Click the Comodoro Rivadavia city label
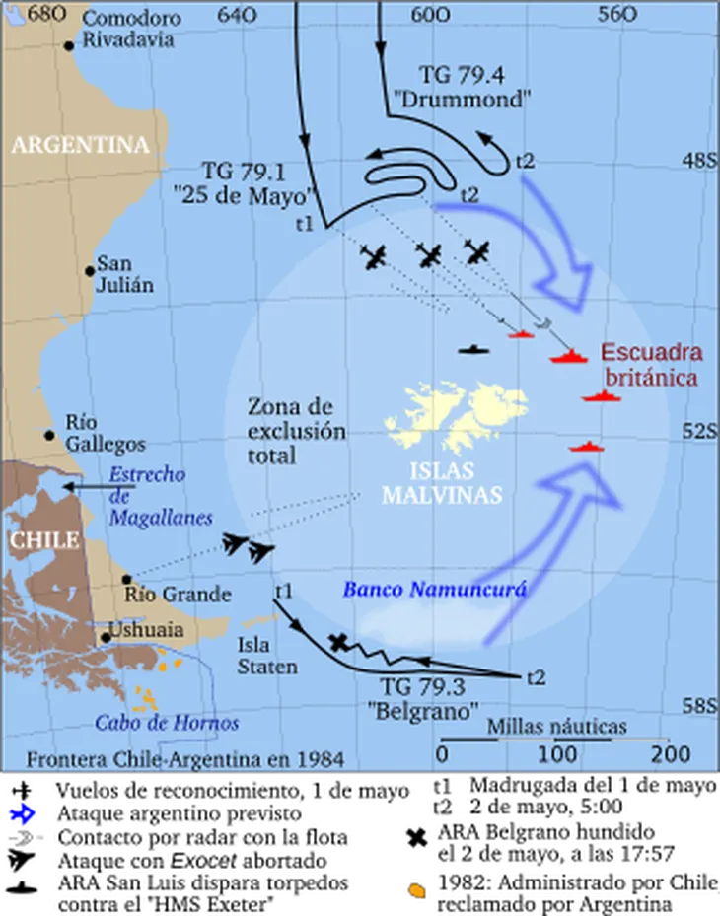(129, 30)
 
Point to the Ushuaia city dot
(106, 637)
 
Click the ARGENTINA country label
(80, 145)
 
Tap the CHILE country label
(43, 540)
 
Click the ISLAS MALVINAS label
(441, 482)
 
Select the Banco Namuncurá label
(434, 590)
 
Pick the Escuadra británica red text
(651, 365)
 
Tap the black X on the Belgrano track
(339, 642)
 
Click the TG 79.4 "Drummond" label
(474, 87)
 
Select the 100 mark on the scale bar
(558, 754)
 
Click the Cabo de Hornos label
(167, 723)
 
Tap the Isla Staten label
(266, 656)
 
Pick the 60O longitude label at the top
(431, 15)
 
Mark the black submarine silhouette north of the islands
(473, 349)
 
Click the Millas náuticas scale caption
(556, 727)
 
